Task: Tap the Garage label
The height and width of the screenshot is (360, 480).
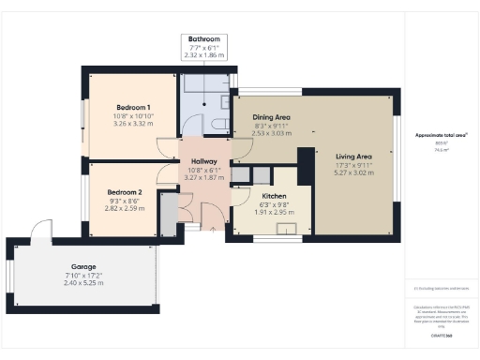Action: (x=84, y=266)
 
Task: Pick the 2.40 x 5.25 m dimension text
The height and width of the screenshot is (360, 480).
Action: (x=84, y=282)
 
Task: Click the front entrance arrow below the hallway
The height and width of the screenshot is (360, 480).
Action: (x=215, y=231)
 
